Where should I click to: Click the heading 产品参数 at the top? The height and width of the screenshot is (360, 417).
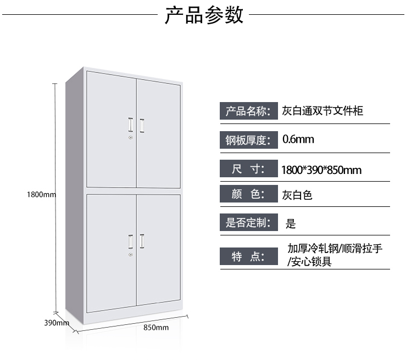point(204,15)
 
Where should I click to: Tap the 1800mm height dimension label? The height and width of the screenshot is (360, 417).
point(42,194)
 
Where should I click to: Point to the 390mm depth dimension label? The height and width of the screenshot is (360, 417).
point(56,323)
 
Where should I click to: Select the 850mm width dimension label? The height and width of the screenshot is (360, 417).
point(155,328)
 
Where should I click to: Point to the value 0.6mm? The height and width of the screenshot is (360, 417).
point(298,139)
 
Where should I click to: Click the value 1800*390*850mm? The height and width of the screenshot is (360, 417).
point(321,170)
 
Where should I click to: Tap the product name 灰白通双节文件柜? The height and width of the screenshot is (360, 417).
point(323,111)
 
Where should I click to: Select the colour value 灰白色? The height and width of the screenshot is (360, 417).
point(297,195)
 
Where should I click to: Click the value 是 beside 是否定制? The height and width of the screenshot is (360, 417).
point(291,223)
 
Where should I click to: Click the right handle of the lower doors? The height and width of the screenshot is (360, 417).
point(142,240)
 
